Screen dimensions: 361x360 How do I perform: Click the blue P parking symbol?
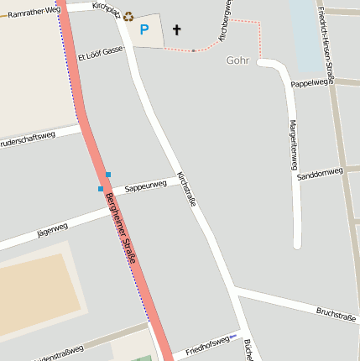coord(143,30)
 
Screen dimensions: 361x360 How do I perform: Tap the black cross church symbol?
coord(177,30)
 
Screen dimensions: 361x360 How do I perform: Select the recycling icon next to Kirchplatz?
coord(128,15)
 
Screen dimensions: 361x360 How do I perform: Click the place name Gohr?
coord(238,60)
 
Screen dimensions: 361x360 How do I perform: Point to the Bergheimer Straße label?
coord(123,238)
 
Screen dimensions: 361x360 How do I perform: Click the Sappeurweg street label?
coord(145,186)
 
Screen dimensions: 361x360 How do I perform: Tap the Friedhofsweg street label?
coord(207,343)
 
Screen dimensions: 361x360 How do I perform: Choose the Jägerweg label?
coord(53,228)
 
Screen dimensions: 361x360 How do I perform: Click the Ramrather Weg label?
coord(34,11)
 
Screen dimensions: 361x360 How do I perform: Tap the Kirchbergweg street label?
coord(225,24)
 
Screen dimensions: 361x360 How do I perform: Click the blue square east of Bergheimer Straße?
coord(107,175)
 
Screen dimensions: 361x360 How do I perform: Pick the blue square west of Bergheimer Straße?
coord(101,189)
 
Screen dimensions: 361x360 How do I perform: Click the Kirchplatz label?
coord(107,7)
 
